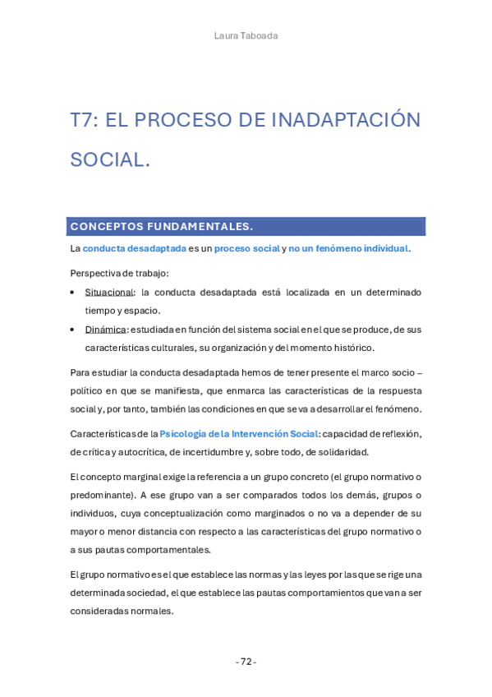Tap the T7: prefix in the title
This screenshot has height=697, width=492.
pyautogui.click(x=85, y=120)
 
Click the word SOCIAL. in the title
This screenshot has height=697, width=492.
pyautogui.click(x=110, y=159)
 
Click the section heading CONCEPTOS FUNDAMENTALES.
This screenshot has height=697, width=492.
pyautogui.click(x=161, y=226)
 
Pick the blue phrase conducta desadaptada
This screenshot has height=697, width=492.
pyautogui.click(x=135, y=248)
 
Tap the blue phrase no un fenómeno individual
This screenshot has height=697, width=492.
pyautogui.click(x=348, y=248)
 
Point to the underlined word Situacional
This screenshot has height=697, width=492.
pyautogui.click(x=108, y=292)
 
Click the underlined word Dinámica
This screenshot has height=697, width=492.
pyautogui.click(x=105, y=329)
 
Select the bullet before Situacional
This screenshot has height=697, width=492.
pyautogui.click(x=74, y=292)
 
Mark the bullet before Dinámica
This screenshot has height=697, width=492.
pyautogui.click(x=74, y=329)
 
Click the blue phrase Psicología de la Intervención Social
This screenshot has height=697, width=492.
pyautogui.click(x=238, y=433)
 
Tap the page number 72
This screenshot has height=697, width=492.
pyautogui.click(x=246, y=662)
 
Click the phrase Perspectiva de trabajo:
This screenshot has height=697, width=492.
pyautogui.click(x=119, y=273)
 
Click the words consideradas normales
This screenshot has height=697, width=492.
pyautogui.click(x=122, y=611)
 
